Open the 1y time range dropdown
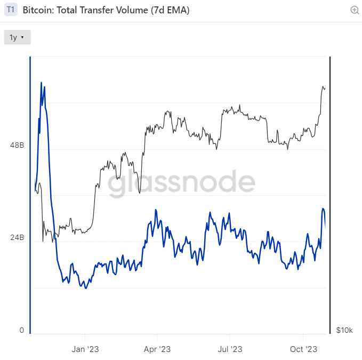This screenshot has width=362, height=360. [17, 37]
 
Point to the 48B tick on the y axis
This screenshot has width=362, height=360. [18, 145]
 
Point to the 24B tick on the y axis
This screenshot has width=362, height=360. [18, 237]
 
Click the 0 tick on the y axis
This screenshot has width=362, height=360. [22, 330]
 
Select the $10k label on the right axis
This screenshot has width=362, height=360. [344, 331]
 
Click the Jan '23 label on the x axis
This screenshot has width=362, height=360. [85, 349]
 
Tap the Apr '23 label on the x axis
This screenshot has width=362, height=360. [157, 349]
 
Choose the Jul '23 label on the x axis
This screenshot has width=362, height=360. [230, 349]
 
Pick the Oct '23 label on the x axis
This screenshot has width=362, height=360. [303, 349]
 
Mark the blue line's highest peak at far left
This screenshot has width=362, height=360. [42, 83]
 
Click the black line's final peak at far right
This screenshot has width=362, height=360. [323, 86]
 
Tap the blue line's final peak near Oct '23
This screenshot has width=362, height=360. [323, 209]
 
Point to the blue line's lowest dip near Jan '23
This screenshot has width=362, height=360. [86, 288]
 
